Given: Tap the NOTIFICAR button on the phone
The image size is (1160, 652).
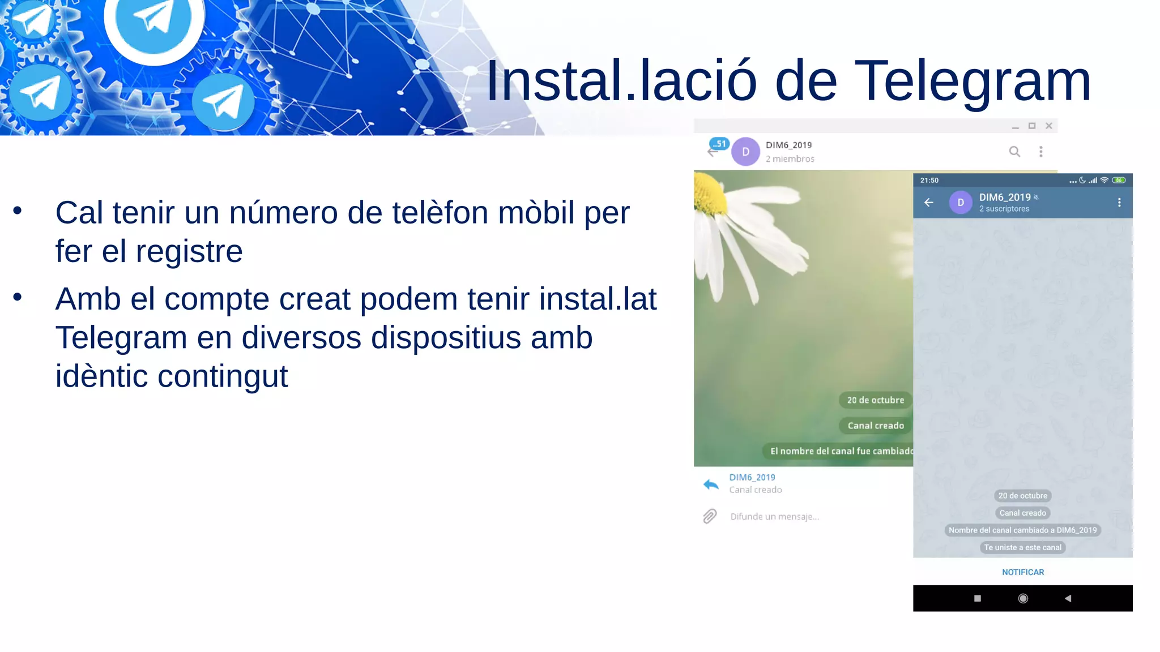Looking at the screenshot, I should pyautogui.click(x=1022, y=572).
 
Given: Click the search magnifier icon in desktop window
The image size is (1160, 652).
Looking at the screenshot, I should pyautogui.click(x=1014, y=152).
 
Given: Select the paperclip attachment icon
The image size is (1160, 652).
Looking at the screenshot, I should pyautogui.click(x=710, y=516).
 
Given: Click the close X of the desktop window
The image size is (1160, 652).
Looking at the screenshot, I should pyautogui.click(x=1049, y=126).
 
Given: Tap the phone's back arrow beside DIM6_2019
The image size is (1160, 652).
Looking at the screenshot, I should pyautogui.click(x=929, y=202).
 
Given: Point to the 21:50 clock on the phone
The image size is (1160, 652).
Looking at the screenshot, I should pyautogui.click(x=929, y=181).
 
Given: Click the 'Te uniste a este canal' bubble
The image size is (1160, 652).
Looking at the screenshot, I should pyautogui.click(x=1022, y=547).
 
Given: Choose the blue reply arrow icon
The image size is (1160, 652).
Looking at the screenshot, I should pyautogui.click(x=711, y=484).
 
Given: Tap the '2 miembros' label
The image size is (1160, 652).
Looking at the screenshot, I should pyautogui.click(x=790, y=159).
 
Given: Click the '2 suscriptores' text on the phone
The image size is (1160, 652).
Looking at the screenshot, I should pyautogui.click(x=1004, y=209).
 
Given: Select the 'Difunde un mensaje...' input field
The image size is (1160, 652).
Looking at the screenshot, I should pyautogui.click(x=774, y=517).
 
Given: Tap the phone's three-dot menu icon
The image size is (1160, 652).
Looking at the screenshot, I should pyautogui.click(x=1119, y=202).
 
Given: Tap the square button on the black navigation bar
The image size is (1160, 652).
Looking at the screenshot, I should pyautogui.click(x=977, y=598).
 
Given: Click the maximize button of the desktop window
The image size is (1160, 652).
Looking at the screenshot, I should pyautogui.click(x=1032, y=126).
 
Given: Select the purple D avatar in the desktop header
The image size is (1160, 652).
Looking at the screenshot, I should pyautogui.click(x=745, y=152).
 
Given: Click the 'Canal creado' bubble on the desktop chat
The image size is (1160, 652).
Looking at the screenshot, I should pyautogui.click(x=876, y=426).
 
